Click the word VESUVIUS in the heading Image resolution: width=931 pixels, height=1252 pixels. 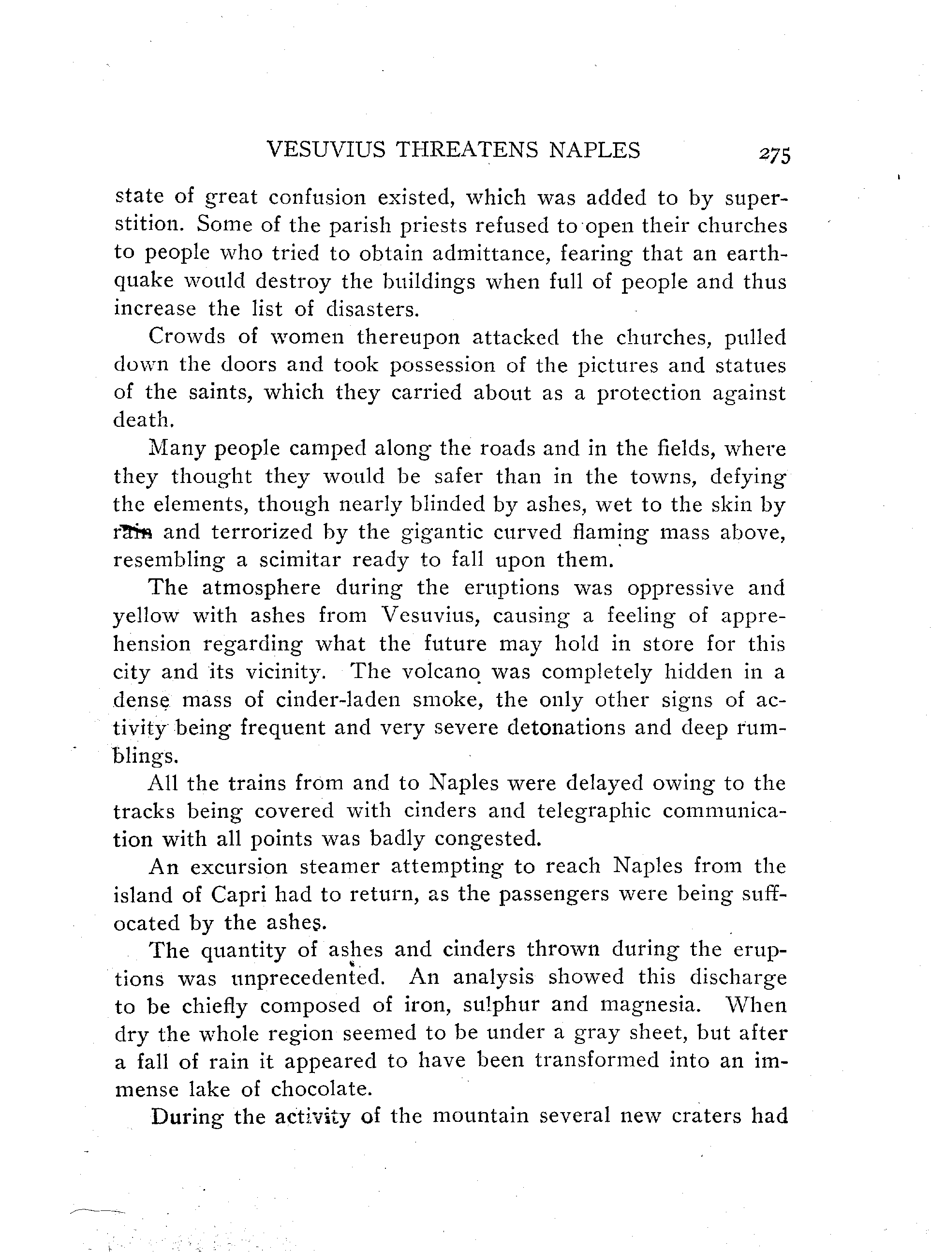pyautogui.click(x=326, y=150)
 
